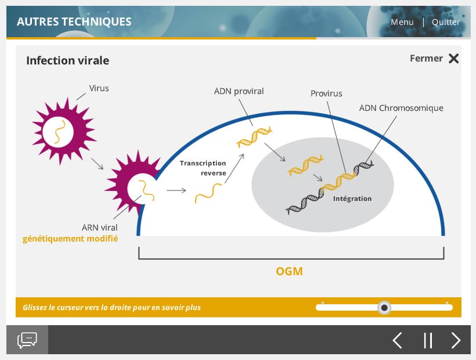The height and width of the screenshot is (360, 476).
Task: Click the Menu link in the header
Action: point(402,22)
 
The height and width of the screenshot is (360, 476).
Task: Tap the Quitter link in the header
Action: point(446,22)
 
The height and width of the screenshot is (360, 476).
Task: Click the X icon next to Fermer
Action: point(454,58)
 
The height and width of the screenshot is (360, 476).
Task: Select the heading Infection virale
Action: point(67,60)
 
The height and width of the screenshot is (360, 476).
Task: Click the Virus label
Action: point(99,88)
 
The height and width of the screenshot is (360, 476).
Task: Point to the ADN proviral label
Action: point(239,91)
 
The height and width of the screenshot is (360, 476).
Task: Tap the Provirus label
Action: point(326,93)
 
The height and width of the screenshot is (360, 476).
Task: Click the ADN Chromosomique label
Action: point(401,108)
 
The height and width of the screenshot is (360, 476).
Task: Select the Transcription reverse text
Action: point(203,168)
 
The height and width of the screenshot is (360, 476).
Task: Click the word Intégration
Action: point(352,199)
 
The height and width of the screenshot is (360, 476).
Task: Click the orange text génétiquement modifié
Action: point(70,239)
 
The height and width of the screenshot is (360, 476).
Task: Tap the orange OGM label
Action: point(289,271)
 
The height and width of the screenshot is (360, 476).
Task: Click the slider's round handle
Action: point(384,307)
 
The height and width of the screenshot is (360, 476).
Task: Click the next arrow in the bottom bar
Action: point(456,340)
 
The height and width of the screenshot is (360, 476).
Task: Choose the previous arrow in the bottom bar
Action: point(397,340)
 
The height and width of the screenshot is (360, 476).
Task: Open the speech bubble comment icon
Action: point(27,340)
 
